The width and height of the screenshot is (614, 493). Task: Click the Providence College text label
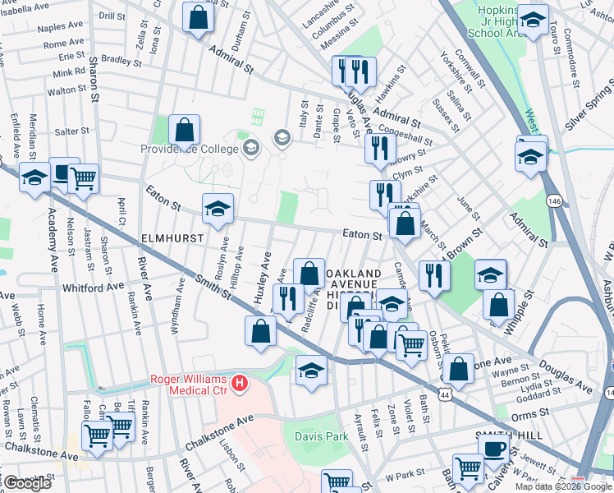(x=190, y=149)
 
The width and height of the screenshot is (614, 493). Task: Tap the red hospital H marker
(x=239, y=383)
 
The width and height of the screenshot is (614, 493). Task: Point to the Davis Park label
(x=323, y=437)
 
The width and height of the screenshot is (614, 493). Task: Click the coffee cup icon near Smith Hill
(x=493, y=449)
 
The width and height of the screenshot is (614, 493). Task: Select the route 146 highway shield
(x=556, y=200)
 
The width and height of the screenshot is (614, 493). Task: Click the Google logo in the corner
(x=27, y=483)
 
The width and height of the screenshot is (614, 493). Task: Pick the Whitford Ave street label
(x=92, y=288)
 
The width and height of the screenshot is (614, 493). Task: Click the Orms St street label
(x=528, y=416)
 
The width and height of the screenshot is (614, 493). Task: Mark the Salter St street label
(x=71, y=131)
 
